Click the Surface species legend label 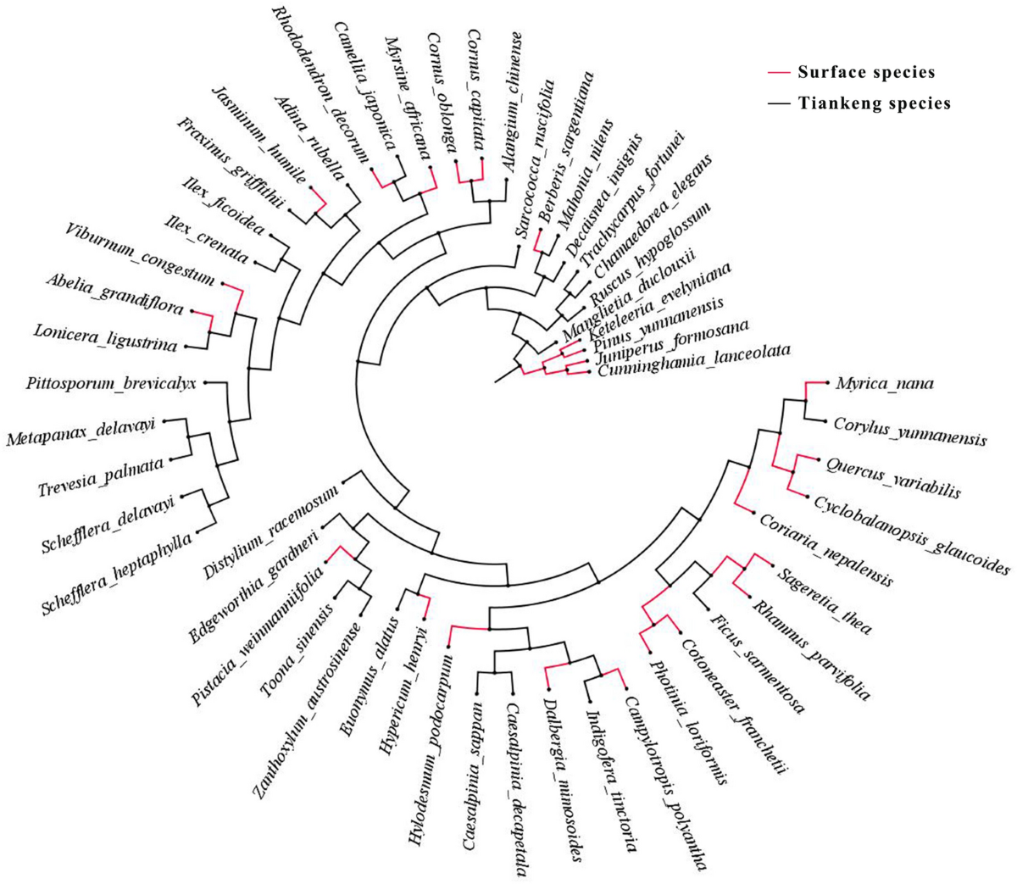coord(866,72)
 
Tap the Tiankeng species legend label coord(873,104)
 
